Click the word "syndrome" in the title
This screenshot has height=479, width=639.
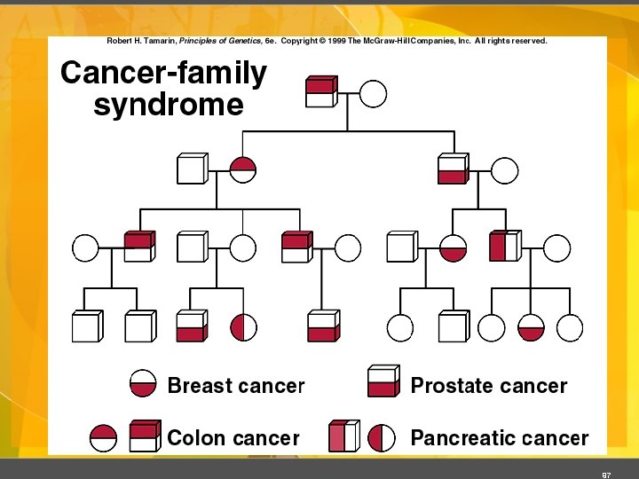(168, 105)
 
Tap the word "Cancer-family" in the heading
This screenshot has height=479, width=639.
(163, 73)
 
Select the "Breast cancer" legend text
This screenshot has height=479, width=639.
(235, 386)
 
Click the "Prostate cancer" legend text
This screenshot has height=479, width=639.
(488, 386)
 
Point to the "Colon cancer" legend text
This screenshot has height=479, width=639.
(233, 437)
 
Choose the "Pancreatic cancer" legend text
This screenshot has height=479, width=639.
(499, 437)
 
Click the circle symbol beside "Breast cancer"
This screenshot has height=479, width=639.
(144, 384)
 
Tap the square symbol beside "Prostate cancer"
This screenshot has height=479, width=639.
(382, 382)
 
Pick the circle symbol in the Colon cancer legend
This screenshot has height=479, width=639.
(104, 437)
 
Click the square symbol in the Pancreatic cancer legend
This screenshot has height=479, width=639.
(343, 436)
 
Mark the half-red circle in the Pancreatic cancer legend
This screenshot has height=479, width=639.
(382, 437)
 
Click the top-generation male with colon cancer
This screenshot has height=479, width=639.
(319, 92)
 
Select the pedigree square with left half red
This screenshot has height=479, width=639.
(503, 247)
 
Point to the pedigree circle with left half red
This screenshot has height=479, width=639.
(244, 328)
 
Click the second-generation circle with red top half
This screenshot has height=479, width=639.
(243, 169)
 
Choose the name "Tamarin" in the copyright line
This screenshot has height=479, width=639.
(160, 41)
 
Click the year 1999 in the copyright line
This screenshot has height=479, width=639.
(336, 41)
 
